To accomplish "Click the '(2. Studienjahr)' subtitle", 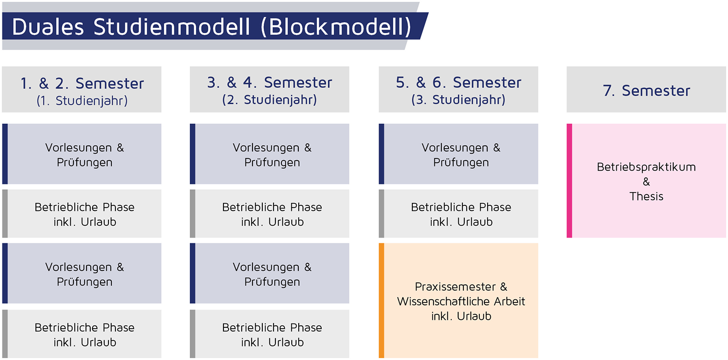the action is [x=269, y=100].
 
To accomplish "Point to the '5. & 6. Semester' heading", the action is [x=458, y=83].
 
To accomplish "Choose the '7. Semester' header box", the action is [x=646, y=89].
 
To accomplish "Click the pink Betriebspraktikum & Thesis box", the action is [x=646, y=180].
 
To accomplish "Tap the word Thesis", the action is [x=646, y=196].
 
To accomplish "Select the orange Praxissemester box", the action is [x=458, y=301].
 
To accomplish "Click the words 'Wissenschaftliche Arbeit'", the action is [x=461, y=301].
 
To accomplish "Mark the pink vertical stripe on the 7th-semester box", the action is [x=569, y=180].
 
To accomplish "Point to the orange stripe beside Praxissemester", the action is [x=381, y=301].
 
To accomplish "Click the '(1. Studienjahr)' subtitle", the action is [x=82, y=101].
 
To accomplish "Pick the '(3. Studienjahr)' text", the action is [x=458, y=100].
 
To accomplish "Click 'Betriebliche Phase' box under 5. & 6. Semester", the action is [x=458, y=214].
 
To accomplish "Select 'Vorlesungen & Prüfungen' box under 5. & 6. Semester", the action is [x=458, y=154].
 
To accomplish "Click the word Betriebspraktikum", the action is [x=646, y=167].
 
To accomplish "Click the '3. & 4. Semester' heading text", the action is [x=269, y=83].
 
